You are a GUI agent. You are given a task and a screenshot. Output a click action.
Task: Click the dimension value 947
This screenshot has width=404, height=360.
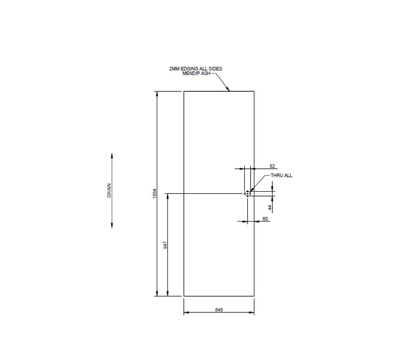click(x=165, y=245)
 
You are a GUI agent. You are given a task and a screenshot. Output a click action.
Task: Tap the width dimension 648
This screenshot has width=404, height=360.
click(x=219, y=310)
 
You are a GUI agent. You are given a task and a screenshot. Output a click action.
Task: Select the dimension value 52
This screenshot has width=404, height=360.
click(x=259, y=165)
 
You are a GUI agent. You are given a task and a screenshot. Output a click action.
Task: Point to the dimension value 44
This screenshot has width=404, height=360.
click(x=270, y=208)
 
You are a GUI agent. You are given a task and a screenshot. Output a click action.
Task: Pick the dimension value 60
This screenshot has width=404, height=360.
click(x=265, y=219)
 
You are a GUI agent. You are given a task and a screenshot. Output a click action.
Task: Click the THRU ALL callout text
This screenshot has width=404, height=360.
click(x=281, y=175)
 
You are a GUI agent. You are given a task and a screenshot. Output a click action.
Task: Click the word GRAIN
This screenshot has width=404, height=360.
click(x=109, y=191)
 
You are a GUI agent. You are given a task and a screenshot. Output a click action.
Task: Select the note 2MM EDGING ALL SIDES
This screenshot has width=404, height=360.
click(x=196, y=69)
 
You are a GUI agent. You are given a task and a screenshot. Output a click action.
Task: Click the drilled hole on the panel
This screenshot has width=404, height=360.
click(x=247, y=194)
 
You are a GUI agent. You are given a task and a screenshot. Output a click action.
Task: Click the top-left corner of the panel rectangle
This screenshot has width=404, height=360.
click(x=184, y=91)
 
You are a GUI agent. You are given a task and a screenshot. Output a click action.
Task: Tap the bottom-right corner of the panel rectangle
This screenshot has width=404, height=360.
click(x=254, y=296)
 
